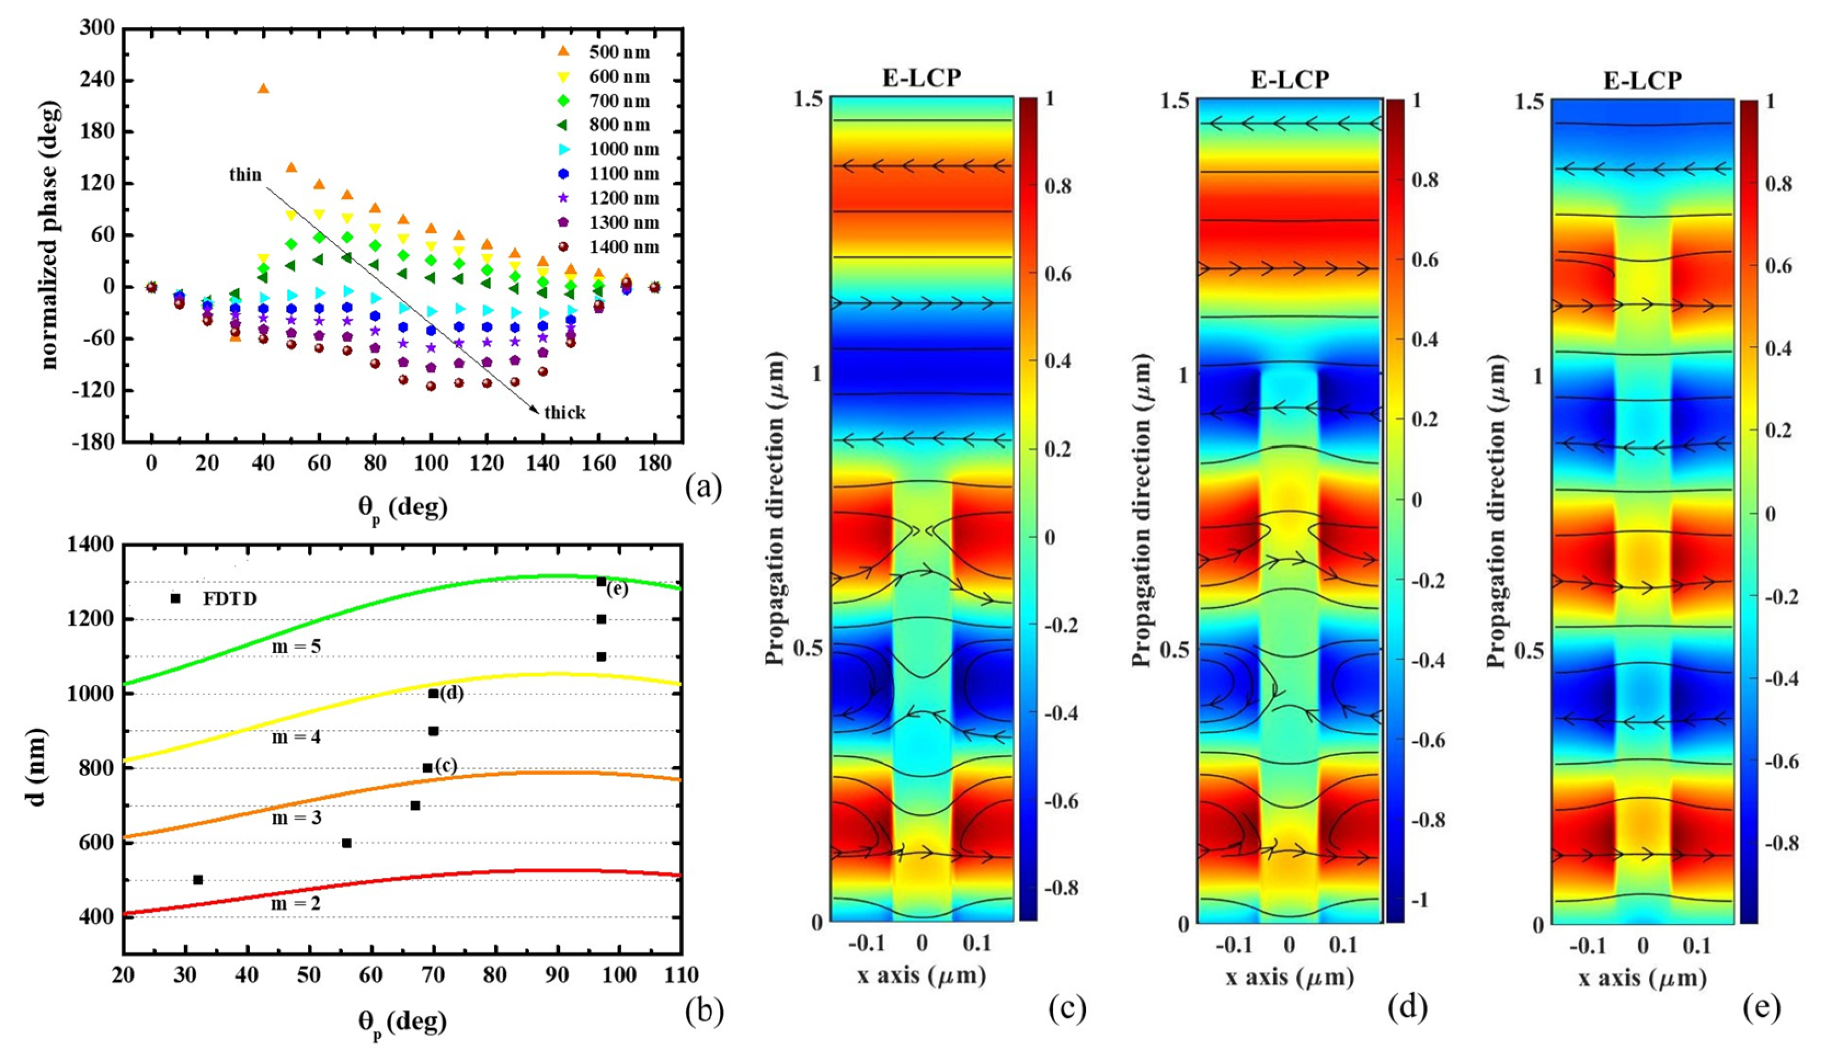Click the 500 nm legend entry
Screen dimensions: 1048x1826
(618, 52)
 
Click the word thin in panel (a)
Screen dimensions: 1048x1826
(245, 175)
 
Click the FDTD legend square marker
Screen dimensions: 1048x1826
(175, 598)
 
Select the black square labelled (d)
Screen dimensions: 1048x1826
(433, 694)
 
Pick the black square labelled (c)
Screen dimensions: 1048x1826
(427, 768)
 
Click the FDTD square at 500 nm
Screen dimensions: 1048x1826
(198, 879)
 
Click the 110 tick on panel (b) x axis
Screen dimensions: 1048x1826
(681, 976)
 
